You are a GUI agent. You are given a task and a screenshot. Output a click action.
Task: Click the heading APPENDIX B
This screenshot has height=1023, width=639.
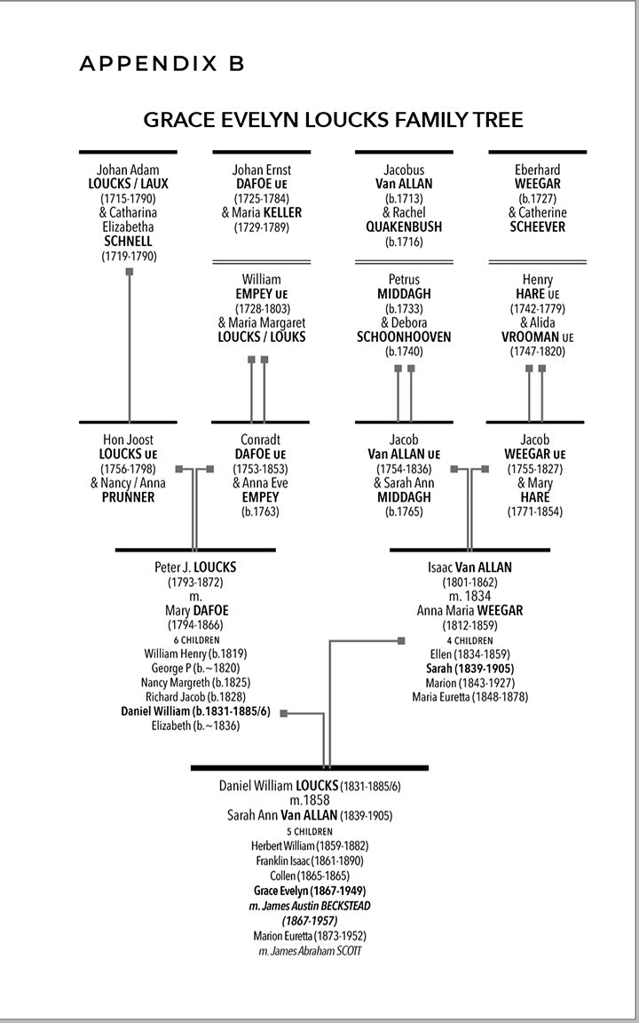pyautogui.click(x=162, y=63)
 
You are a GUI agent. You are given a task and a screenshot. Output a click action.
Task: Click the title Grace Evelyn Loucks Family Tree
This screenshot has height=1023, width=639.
pyautogui.click(x=333, y=120)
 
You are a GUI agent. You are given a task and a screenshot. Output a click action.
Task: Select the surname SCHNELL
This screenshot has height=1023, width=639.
pyautogui.click(x=129, y=242)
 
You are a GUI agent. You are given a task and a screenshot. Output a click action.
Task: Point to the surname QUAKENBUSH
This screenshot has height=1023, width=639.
pyautogui.click(x=404, y=227)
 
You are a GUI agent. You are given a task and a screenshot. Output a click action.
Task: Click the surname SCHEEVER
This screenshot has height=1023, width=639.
pyautogui.click(x=538, y=227)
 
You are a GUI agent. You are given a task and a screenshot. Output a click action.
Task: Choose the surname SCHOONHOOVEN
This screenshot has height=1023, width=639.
pyautogui.click(x=404, y=337)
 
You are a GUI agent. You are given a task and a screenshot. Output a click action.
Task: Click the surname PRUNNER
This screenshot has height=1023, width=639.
pyautogui.click(x=129, y=497)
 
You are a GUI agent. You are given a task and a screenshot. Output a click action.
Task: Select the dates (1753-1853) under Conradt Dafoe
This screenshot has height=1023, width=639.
pyautogui.click(x=261, y=469)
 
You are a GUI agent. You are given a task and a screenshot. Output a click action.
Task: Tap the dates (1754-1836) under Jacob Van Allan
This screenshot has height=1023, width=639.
pyautogui.click(x=404, y=469)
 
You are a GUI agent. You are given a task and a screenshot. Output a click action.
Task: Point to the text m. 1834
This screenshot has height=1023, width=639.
pyautogui.click(x=469, y=597)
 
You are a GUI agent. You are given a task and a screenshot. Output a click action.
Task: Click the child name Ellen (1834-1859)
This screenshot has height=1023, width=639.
pyautogui.click(x=469, y=654)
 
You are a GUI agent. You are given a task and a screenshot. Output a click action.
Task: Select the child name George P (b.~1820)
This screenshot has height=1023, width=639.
pyautogui.click(x=195, y=669)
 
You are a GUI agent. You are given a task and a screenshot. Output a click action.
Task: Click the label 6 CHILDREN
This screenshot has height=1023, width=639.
pyautogui.click(x=195, y=639)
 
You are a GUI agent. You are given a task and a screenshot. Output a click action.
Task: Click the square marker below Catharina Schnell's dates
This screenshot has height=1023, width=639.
pyautogui.click(x=130, y=271)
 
